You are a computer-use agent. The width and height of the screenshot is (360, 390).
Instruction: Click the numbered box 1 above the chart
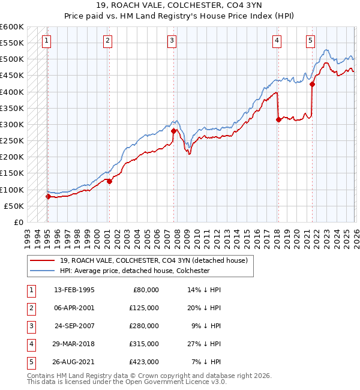coord(47,41)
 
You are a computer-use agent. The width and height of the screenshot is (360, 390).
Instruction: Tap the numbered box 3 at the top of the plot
coord(172,41)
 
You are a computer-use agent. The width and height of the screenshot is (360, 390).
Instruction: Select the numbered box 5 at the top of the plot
coord(310,41)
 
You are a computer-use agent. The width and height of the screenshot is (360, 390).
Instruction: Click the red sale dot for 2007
coord(173,131)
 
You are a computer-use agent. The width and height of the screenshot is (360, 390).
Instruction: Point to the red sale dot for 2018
coord(278,119)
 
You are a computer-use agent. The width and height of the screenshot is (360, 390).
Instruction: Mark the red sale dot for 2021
coord(312,85)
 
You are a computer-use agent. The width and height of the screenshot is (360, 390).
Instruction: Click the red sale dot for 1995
coord(48,196)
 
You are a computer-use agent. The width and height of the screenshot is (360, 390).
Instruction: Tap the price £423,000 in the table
coord(144,361)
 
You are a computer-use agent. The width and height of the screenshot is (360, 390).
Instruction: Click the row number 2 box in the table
coord(31,307)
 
